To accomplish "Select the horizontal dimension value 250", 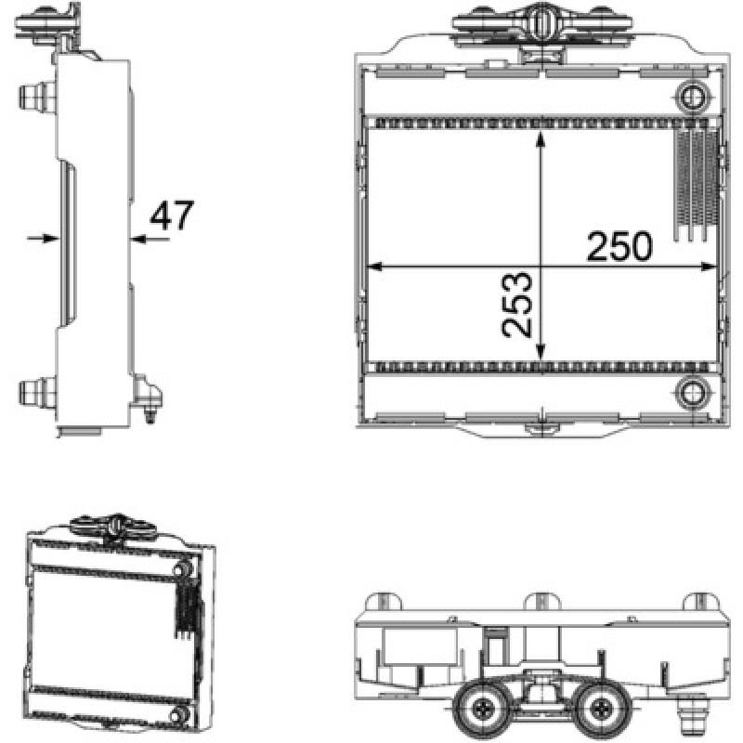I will coord(619,246).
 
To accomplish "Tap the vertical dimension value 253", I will coord(516,305).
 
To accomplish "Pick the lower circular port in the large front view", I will coord(692,392).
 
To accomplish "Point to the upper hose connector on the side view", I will coord(37,95).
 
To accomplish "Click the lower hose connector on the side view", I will coord(37,392).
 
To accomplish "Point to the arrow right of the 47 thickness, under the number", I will coord(139,239).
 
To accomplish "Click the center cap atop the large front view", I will coord(541,24).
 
